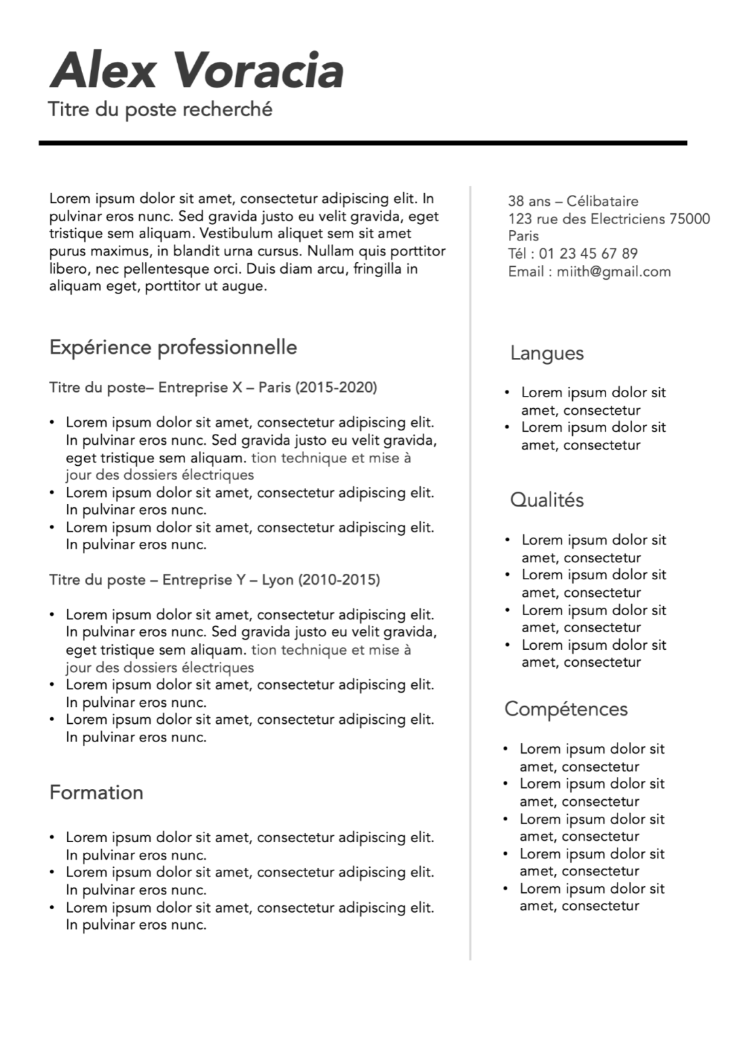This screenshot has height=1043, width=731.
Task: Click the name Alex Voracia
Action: click(x=197, y=71)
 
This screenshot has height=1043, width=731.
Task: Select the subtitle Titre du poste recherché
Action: click(x=160, y=109)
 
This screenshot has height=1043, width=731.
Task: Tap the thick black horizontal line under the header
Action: click(x=362, y=143)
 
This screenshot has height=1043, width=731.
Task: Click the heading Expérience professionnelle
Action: click(x=173, y=347)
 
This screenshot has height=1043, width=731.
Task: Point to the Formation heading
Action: click(x=96, y=792)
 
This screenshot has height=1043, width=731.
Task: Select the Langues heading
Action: click(x=546, y=353)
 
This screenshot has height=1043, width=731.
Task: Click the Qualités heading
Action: click(x=546, y=500)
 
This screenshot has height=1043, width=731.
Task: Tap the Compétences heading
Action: click(x=565, y=709)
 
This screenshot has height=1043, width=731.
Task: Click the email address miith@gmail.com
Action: click(x=614, y=272)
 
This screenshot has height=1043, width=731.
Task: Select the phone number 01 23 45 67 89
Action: click(x=588, y=254)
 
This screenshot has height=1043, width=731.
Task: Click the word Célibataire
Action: click(x=602, y=201)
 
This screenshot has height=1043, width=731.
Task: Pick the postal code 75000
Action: click(x=689, y=219)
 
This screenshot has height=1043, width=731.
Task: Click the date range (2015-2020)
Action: click(x=337, y=388)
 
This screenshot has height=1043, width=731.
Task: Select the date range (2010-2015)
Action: click(x=339, y=580)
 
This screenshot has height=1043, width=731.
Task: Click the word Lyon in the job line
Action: click(x=277, y=580)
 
